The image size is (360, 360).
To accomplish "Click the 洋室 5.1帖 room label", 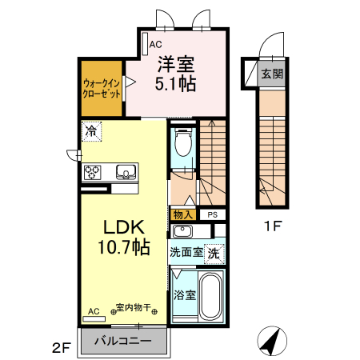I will point(176,72).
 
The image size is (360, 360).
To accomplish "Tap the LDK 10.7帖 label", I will point(122,236).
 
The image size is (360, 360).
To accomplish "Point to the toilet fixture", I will point(183,145).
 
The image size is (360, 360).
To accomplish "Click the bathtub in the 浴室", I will point(210,297).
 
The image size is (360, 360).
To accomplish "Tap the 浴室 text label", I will point(184,294).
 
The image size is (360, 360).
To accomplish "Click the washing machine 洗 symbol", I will point(214,253).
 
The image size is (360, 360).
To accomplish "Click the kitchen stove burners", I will point(93,171).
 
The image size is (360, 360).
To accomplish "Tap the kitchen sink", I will point(126,171).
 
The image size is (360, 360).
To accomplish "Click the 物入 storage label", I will point(182,214).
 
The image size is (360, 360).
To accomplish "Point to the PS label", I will point(212,214).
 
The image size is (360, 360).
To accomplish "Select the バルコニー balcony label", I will point(124,341).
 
